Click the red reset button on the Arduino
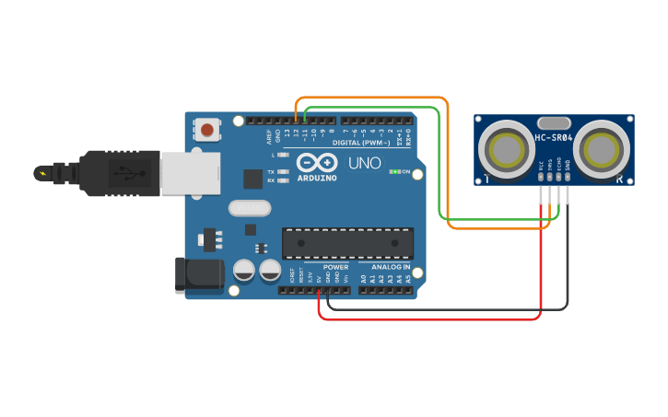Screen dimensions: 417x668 point(207,130)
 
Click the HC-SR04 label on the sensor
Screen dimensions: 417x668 point(554,138)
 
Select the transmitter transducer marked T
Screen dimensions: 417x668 point(505,148)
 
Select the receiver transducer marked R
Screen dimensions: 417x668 point(602,148)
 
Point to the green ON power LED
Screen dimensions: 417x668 point(394,171)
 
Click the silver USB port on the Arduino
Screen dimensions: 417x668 point(190,173)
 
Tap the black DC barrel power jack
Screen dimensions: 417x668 point(197,274)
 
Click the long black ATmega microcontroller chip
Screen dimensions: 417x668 point(347,242)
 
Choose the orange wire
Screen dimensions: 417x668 point(448,166)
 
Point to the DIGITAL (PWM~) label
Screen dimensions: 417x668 point(358,143)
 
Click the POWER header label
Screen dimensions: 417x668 point(335,266)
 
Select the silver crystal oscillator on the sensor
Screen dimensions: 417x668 point(554,122)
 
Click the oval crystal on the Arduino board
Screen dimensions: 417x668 point(248,207)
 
